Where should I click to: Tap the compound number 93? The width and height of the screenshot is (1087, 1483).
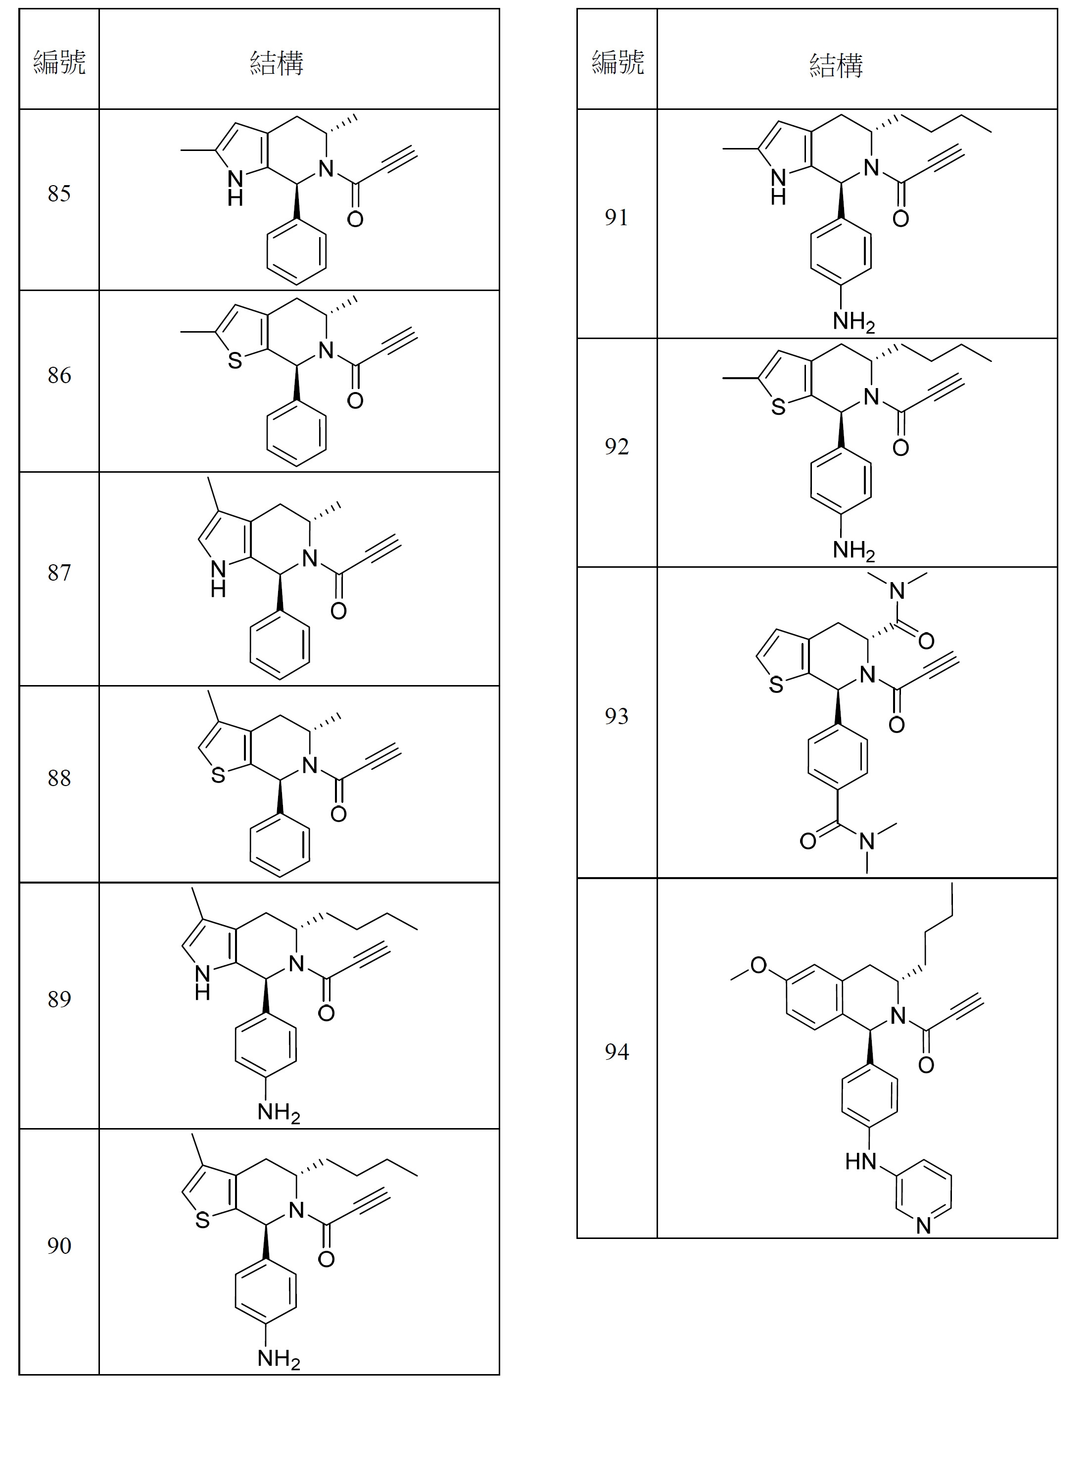click(616, 716)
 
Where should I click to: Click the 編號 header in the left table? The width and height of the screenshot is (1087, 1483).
click(59, 62)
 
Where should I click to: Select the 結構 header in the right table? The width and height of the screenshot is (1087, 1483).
click(836, 64)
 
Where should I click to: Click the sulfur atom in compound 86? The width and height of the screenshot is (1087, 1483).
click(235, 361)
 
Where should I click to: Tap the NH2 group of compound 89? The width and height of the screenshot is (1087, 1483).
click(279, 1112)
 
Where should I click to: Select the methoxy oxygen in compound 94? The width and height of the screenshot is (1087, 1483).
click(758, 965)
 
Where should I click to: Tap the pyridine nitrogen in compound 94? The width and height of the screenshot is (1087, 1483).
click(923, 1226)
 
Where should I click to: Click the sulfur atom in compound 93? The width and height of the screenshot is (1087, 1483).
click(776, 686)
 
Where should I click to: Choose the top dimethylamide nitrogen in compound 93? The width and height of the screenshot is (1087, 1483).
click(897, 591)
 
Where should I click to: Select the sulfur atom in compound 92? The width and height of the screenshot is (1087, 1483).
click(778, 408)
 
